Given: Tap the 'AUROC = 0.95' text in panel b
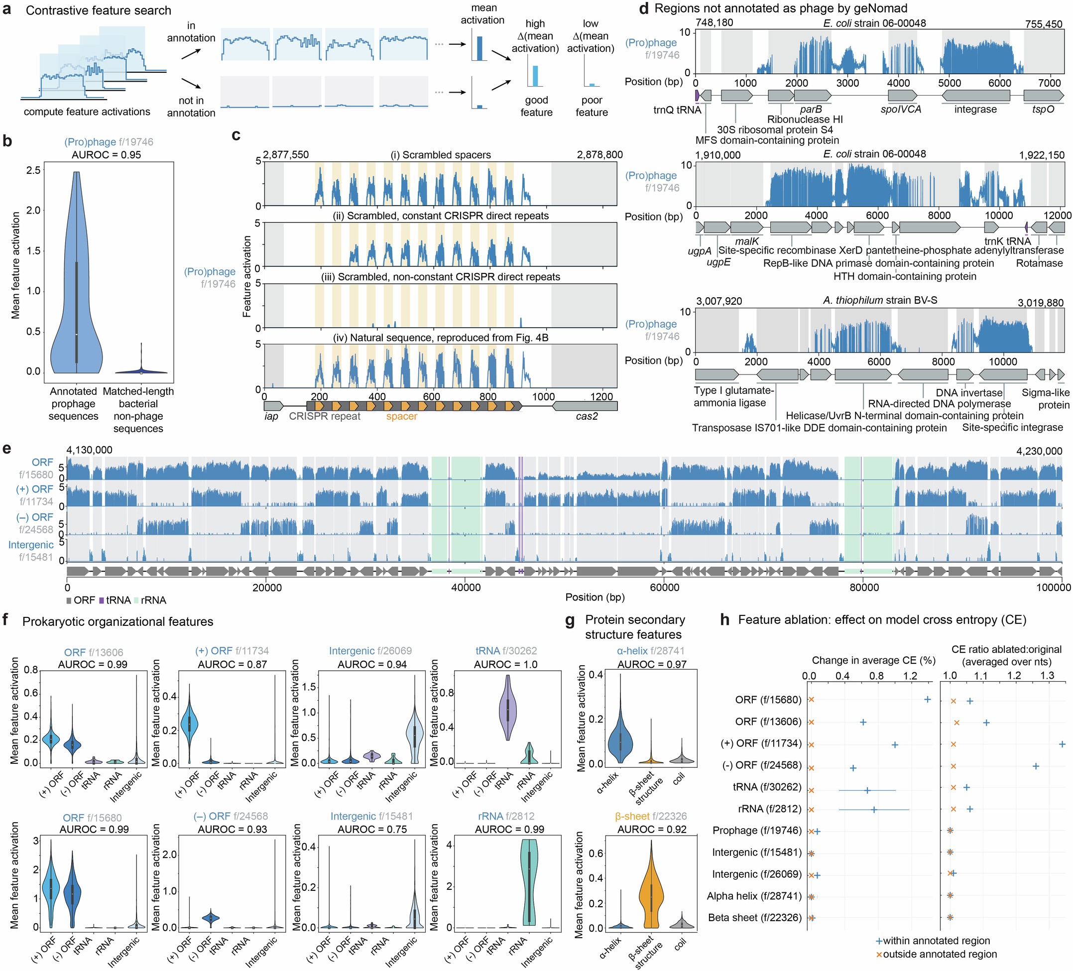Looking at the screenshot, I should point(107,155).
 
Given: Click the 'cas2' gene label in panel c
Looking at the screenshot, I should point(587,416).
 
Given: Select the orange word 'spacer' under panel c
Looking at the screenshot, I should point(401,416).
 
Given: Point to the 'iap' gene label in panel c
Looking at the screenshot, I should point(271,416).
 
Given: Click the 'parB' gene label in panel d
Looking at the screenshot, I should point(811,110).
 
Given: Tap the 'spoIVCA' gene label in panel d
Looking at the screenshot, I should point(901,110).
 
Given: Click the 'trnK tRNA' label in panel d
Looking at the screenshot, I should point(1008,241).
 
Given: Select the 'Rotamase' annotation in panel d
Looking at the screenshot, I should point(1039,263).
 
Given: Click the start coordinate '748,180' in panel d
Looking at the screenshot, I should point(715,22).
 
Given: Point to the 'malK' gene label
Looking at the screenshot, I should point(747,241).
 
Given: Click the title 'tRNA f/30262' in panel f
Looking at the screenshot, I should point(506,650).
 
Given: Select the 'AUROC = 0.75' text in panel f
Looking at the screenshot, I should point(372,829).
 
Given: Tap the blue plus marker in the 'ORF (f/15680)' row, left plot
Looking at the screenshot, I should point(927,700).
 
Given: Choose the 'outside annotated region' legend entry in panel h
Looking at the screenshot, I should point(940,954).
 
